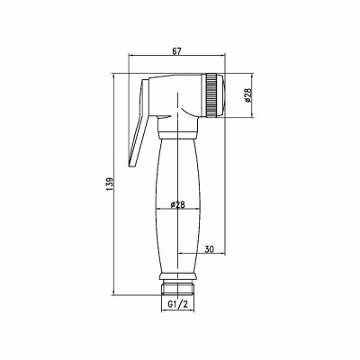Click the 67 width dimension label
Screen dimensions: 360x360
tap(177, 51)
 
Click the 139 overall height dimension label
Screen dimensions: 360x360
tap(109, 184)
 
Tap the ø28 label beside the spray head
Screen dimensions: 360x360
tap(247, 95)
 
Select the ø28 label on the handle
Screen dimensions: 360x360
tap(177, 204)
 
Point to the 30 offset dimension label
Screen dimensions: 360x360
tap(209, 249)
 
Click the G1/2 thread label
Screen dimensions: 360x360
tap(177, 305)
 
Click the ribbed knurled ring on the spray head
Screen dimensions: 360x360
tap(211, 94)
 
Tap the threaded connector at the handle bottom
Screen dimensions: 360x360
tap(177, 288)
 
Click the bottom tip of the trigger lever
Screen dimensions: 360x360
tap(132, 166)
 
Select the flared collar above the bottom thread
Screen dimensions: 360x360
tap(177, 276)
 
